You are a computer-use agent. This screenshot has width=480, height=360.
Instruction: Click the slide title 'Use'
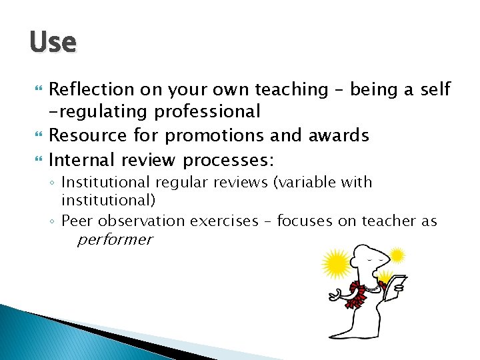point(53,43)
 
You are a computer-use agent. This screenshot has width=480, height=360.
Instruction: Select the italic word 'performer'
point(114,239)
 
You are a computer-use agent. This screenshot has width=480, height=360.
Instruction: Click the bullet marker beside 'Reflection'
point(36,89)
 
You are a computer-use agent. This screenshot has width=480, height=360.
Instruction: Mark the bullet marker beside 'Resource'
point(36,135)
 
